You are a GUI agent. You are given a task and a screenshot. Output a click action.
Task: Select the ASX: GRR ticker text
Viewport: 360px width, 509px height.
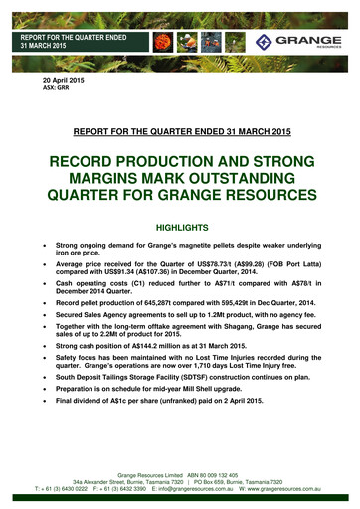tap(54, 87)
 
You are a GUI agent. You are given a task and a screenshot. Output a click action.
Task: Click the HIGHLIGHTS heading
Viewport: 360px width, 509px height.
tap(180, 227)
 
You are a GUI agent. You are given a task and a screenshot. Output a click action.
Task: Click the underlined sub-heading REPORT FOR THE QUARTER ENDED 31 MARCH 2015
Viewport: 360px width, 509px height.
tap(180, 129)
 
